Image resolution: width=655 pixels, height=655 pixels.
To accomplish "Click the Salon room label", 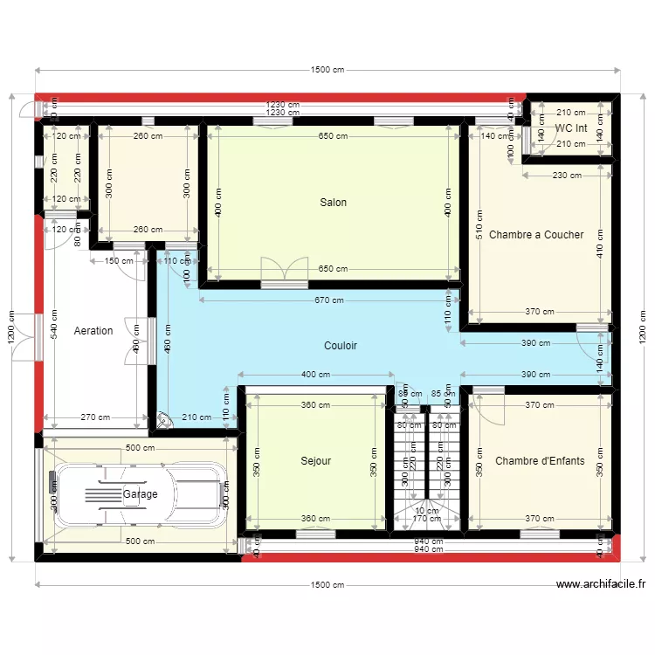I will click(x=333, y=203).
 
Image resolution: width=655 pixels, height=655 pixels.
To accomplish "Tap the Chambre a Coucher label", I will click(x=536, y=235).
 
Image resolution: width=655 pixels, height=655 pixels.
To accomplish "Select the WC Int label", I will click(x=571, y=128).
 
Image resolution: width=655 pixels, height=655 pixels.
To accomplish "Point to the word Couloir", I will click(x=341, y=346).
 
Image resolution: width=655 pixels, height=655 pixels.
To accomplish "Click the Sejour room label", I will click(x=315, y=461).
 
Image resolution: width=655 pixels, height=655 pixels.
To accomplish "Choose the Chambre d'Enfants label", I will click(x=540, y=461).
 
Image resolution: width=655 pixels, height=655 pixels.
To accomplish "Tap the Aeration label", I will click(x=93, y=331).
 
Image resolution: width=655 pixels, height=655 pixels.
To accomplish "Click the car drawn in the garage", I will click(x=135, y=494).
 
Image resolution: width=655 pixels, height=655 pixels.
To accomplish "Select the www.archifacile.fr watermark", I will click(x=600, y=585).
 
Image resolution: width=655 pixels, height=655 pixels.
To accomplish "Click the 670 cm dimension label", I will click(x=329, y=300).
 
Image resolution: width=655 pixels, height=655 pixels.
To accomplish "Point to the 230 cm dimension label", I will click(x=566, y=176).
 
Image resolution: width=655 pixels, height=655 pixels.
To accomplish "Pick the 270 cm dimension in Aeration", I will click(x=95, y=417).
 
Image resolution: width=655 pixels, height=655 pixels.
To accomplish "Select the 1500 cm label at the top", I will click(x=327, y=70).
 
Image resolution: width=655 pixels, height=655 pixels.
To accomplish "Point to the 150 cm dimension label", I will click(x=119, y=260).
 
